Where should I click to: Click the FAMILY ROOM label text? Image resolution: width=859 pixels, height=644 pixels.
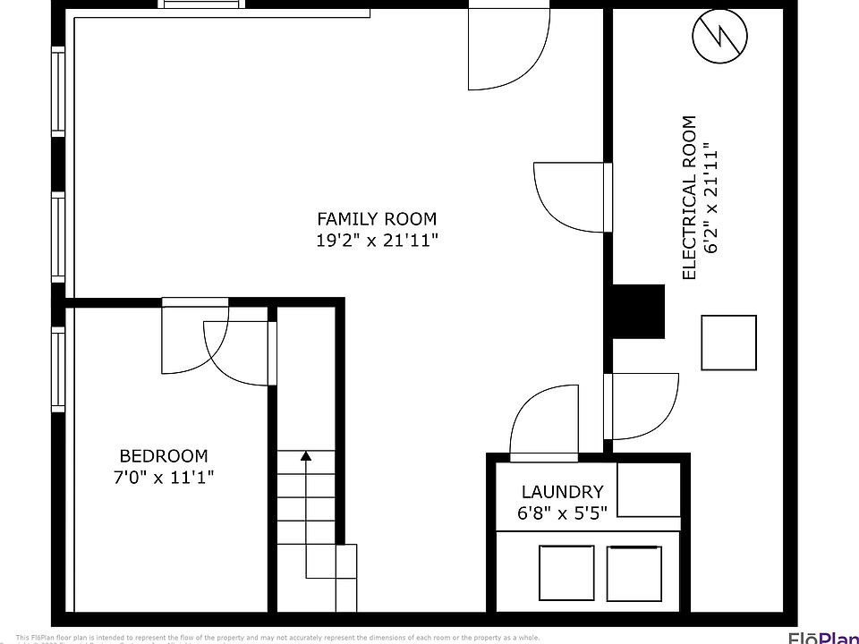pyautogui.click(x=377, y=218)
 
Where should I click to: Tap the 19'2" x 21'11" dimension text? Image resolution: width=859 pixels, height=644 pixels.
pyautogui.click(x=377, y=240)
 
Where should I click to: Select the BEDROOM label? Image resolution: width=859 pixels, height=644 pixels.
pyautogui.click(x=164, y=455)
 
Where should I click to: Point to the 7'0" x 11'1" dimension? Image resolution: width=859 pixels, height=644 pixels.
pyautogui.click(x=164, y=477)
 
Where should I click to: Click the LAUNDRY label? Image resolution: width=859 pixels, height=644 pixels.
pyautogui.click(x=562, y=492)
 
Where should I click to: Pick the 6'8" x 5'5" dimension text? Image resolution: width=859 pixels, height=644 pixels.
pyautogui.click(x=562, y=513)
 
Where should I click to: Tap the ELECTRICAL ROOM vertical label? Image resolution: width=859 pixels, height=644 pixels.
pyautogui.click(x=689, y=198)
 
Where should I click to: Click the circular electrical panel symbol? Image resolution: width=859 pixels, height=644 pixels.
pyautogui.click(x=720, y=37)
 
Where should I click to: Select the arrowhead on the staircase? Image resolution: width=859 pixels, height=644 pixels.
pyautogui.click(x=306, y=456)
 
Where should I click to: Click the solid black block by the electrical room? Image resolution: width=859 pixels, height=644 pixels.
pyautogui.click(x=638, y=311)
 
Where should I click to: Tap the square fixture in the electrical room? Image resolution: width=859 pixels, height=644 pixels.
pyautogui.click(x=728, y=343)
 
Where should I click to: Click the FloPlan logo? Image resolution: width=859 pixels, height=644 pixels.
pyautogui.click(x=821, y=637)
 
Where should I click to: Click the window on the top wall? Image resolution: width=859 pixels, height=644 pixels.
pyautogui.click(x=203, y=4)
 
